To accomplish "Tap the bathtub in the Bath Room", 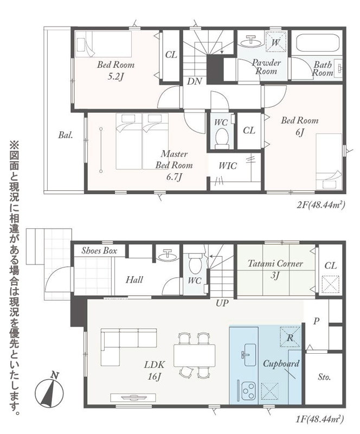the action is click(x=318, y=43).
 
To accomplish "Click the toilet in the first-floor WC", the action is click(x=195, y=264).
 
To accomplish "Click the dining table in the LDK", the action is click(x=194, y=355).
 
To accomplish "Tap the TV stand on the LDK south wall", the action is click(x=133, y=398).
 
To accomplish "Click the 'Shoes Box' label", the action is click(x=99, y=251).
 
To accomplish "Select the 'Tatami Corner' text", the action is click(x=275, y=264).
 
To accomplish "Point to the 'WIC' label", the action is click(x=228, y=166).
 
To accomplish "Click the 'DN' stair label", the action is click(x=195, y=81).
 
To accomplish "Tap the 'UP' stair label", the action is click(x=222, y=304).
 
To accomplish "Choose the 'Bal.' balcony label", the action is click(x=66, y=135).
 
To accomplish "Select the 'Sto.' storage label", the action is click(x=324, y=377).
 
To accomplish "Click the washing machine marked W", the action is click(x=276, y=42).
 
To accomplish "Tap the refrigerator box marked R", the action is click(x=290, y=337).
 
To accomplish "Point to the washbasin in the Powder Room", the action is click(x=250, y=42).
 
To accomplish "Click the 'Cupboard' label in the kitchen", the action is click(x=281, y=363).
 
